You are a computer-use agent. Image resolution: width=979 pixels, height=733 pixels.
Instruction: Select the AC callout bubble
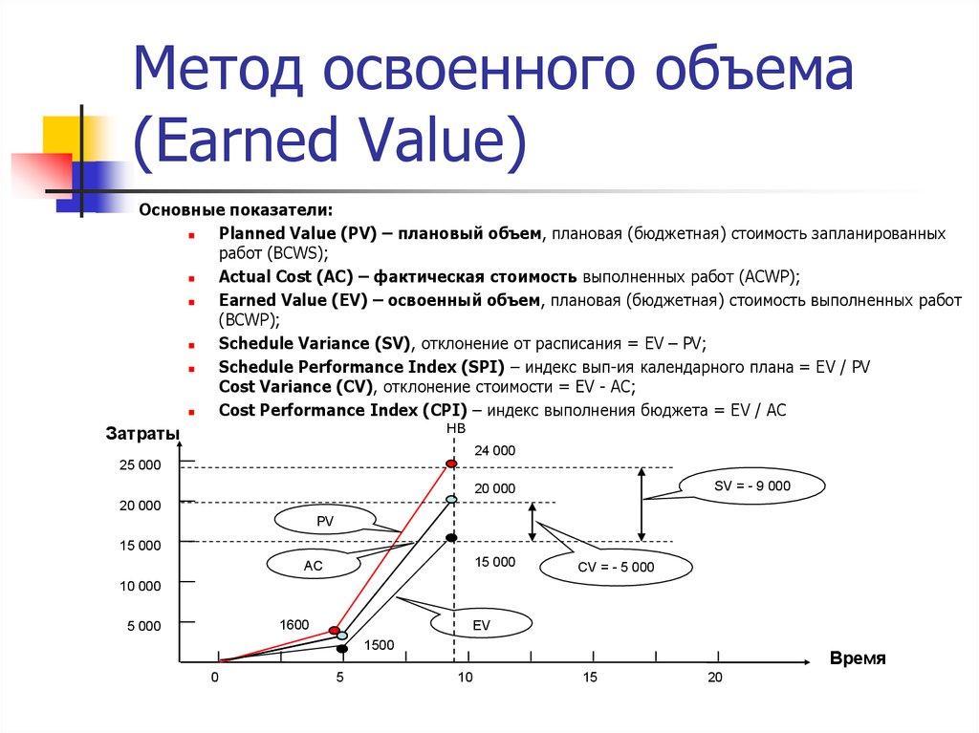[313, 566]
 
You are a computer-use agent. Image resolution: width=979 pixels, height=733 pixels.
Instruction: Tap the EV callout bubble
[481, 624]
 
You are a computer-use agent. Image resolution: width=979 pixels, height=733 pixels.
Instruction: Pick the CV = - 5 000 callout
[616, 567]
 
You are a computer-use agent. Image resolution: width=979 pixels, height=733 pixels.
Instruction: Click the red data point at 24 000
[452, 463]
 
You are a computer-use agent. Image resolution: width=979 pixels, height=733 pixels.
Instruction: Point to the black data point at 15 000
[451, 538]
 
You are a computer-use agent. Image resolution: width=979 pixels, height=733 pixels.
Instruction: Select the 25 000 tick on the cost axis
[141, 465]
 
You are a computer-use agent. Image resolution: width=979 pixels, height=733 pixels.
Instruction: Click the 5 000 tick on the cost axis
[144, 626]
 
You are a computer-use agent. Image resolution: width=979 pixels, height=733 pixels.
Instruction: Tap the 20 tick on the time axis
[714, 678]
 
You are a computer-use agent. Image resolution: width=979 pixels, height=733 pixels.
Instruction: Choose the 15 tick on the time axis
[590, 678]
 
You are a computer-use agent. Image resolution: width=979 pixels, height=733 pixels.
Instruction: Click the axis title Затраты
[142, 436]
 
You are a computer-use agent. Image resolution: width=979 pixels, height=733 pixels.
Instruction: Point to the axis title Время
[858, 659]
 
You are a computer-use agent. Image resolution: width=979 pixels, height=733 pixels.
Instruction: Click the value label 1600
[294, 625]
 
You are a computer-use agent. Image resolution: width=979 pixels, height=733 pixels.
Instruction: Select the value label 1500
[380, 645]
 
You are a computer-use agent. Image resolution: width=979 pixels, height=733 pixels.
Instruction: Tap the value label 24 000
[494, 450]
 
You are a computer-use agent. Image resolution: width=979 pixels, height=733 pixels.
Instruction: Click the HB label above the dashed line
[456, 429]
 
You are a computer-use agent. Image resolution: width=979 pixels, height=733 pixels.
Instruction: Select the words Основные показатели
[237, 209]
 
